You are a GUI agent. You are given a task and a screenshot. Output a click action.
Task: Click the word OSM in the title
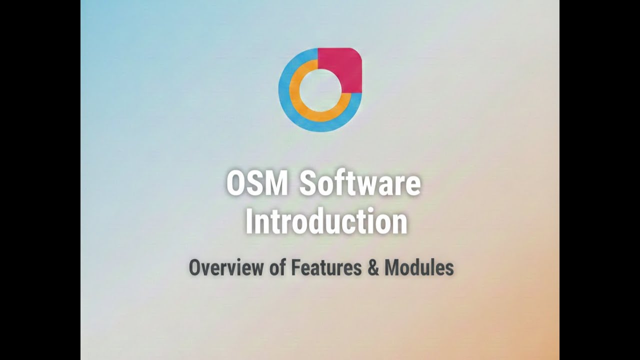[x=257, y=183]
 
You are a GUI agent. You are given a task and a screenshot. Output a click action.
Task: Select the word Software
[x=360, y=183]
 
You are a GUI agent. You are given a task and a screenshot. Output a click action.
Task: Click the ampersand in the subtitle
[x=373, y=268]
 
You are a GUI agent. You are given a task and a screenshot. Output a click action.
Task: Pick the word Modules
[x=419, y=267]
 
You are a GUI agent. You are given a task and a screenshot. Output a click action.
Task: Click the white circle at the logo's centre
[x=319, y=90]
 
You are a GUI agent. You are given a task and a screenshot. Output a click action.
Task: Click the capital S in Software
[x=308, y=183]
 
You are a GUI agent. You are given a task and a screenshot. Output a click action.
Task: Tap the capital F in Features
[x=295, y=267]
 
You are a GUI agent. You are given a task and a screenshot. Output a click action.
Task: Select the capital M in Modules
[x=392, y=267]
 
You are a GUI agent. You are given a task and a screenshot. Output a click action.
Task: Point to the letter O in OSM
[x=237, y=183]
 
